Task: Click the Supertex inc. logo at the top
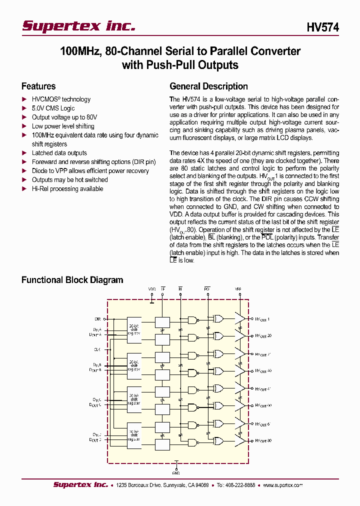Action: coord(78,26)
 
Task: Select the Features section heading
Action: coord(38,86)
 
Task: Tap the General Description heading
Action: coord(208,86)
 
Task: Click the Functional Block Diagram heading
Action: coord(72,280)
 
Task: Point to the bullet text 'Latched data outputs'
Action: coord(59,153)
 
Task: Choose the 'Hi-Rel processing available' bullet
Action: coord(67,189)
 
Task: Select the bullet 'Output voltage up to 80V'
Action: coord(64,117)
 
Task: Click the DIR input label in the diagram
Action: coord(97,318)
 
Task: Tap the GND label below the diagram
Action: coord(176,472)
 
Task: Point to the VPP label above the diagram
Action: coord(238,289)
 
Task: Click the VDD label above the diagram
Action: coord(152,289)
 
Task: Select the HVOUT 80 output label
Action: coord(263,440)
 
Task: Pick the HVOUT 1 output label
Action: coord(262,318)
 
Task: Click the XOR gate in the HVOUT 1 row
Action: coord(218,318)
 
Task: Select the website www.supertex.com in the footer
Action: coord(283,485)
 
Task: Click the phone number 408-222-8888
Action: coord(237,485)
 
